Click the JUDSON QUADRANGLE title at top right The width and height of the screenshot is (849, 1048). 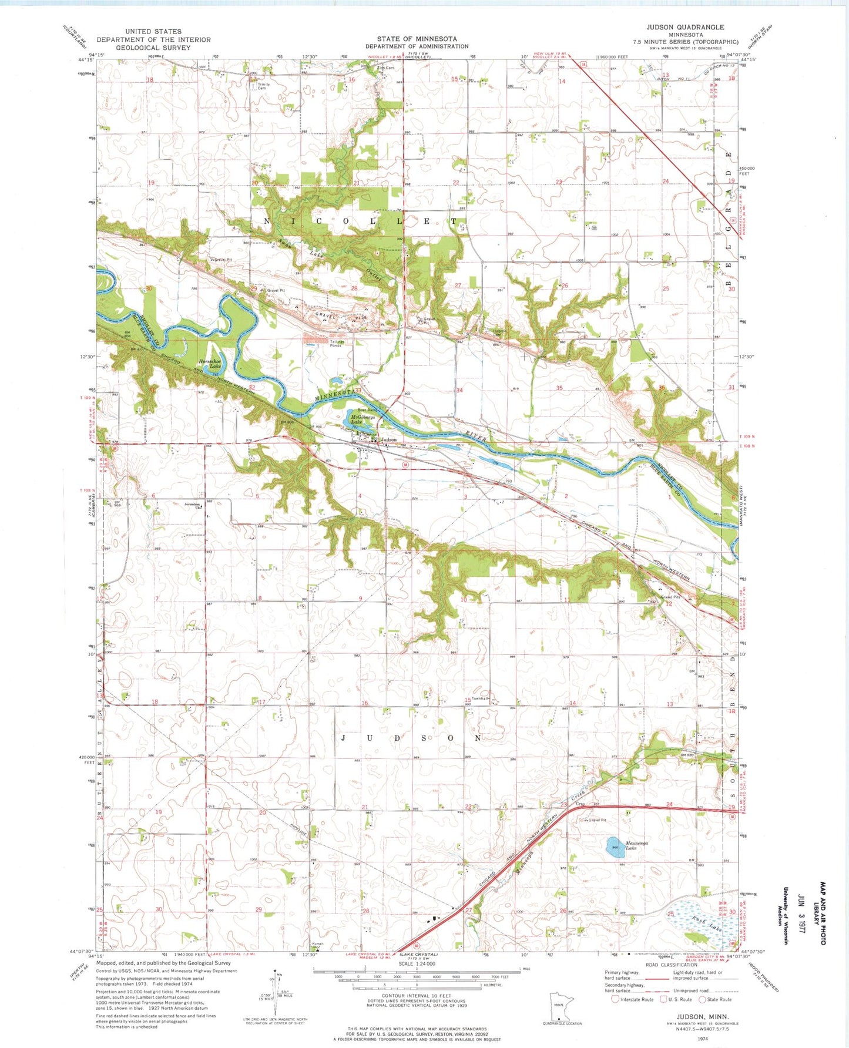click(x=685, y=27)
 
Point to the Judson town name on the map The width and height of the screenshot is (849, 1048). click(x=388, y=439)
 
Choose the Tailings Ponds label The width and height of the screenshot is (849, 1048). click(x=337, y=344)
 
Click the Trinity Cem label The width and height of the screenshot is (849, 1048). click(x=263, y=86)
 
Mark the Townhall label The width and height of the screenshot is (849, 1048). click(x=480, y=698)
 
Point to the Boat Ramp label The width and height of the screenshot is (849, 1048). click(x=368, y=410)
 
